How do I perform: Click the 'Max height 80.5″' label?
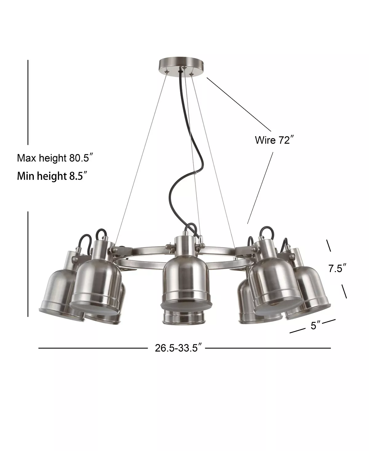point(55,158)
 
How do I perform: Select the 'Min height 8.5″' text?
point(51,176)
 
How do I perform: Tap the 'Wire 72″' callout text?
point(273,140)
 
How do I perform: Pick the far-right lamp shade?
point(311,292)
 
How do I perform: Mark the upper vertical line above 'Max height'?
point(28,101)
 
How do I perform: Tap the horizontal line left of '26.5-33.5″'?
point(92,348)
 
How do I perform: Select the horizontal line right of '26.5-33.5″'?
point(268,348)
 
